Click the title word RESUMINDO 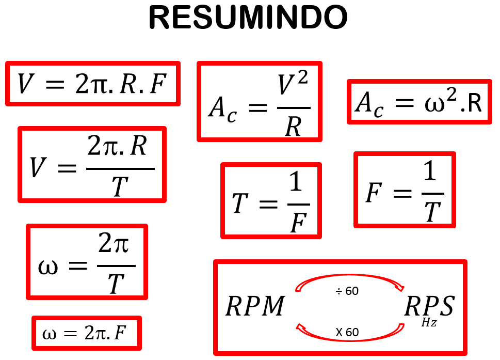248,18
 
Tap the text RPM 255,307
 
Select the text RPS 429,307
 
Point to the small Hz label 429,323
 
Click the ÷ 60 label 347,291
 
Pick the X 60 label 347,332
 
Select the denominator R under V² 293,126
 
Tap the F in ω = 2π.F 120,333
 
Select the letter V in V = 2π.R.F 24,84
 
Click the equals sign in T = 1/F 267,204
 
